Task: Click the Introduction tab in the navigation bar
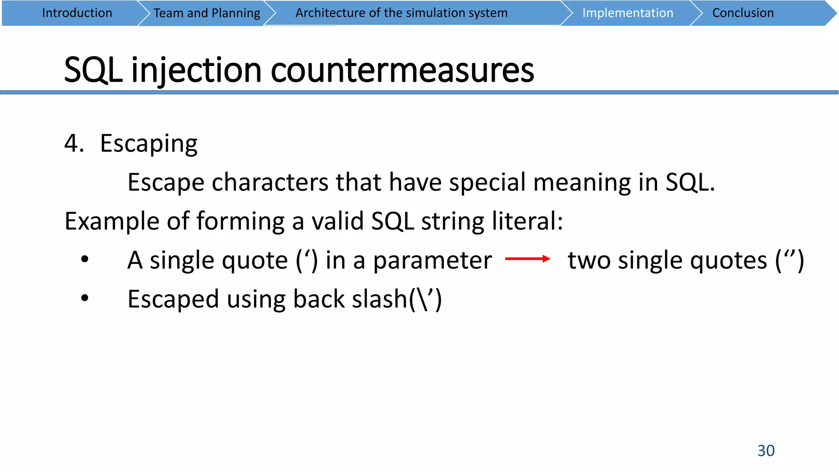click(x=77, y=13)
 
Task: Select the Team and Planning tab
click(x=207, y=13)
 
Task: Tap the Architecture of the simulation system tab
click(x=401, y=13)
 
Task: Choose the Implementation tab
click(x=628, y=13)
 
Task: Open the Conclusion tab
click(x=743, y=13)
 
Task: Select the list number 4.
click(x=74, y=143)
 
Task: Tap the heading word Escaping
click(x=149, y=143)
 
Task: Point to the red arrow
click(x=528, y=259)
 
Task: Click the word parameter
click(x=432, y=260)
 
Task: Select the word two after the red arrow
click(x=589, y=260)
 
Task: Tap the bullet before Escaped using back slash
click(x=85, y=298)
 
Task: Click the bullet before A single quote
click(x=85, y=259)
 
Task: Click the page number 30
click(x=766, y=451)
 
